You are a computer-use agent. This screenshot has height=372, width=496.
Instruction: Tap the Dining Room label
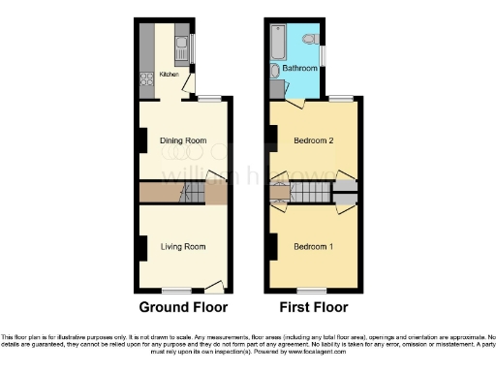point(184,141)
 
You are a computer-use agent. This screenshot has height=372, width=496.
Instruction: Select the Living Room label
point(183,247)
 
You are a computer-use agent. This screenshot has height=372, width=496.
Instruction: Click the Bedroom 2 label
point(314,141)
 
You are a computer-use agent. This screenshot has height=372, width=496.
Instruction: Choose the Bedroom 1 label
point(314,246)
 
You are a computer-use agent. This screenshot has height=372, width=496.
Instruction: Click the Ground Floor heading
point(183,308)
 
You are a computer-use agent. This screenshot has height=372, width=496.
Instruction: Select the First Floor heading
point(312,308)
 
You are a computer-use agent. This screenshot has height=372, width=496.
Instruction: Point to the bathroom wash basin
point(274,70)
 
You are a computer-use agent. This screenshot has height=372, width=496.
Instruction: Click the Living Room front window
point(175,289)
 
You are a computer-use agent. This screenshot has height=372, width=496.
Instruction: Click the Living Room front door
point(213,287)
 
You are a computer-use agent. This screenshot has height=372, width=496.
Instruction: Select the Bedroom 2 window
point(340,98)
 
